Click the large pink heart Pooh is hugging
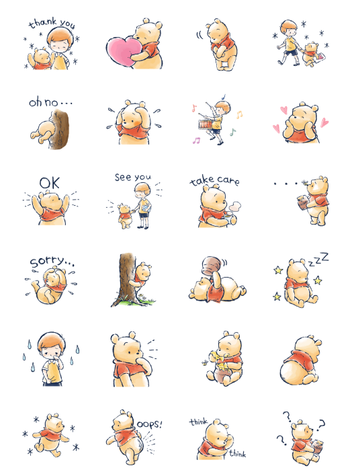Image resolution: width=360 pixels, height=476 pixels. click(x=124, y=50)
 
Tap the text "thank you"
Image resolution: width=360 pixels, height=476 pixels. click(x=52, y=24)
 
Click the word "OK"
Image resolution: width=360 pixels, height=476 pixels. click(x=50, y=183)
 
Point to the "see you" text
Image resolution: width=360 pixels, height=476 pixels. click(x=133, y=177)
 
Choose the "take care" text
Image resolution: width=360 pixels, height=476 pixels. click(x=214, y=180)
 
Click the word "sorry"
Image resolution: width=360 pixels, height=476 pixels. click(x=47, y=262)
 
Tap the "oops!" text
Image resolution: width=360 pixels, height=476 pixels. click(x=149, y=424)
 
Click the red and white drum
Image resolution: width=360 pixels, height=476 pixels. click(x=207, y=124)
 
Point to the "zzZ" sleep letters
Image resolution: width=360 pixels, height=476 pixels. click(x=318, y=260)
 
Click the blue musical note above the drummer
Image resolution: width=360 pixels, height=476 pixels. click(x=224, y=97)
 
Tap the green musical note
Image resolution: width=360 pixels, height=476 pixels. click(x=232, y=132)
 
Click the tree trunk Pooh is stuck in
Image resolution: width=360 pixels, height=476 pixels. click(x=60, y=129)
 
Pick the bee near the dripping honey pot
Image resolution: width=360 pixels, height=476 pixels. click(x=205, y=362)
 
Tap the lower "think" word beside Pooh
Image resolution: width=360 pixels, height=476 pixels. click(x=238, y=454)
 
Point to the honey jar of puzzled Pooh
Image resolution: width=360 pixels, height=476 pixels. click(x=318, y=446)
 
